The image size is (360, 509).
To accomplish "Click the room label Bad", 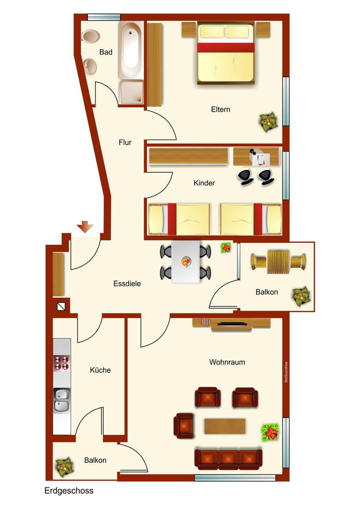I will pos(106,52).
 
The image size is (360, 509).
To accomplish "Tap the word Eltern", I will pos(220,109).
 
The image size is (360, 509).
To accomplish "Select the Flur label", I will pos(125,143).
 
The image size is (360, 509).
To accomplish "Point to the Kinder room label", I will pos(204,183).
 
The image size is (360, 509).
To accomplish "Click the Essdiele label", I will pos(127,284).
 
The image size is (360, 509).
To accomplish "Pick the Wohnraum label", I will pos(227,362).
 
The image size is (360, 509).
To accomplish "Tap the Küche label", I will pos(100,370).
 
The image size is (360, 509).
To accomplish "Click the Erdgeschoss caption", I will pos(69,491).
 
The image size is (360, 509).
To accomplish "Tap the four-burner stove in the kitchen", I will pos(62,363).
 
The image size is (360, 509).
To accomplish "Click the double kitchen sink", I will pos(62,400).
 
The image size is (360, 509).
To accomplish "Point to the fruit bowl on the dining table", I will pos(186,262).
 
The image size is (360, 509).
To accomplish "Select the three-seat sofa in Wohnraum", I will pos(228,459).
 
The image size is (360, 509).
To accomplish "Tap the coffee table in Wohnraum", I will pos(225,426).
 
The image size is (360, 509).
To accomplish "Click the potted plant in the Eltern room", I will pos(268,122).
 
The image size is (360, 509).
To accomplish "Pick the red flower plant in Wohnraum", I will pos(270,433).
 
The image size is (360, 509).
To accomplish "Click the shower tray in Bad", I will pos(131,92).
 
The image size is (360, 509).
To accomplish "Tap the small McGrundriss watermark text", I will pos(286,372).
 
